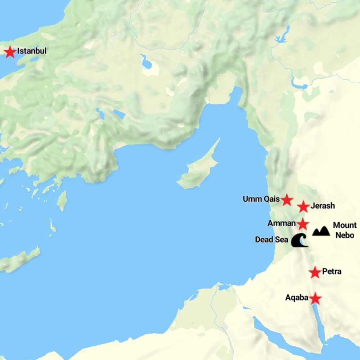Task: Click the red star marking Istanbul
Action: click(x=10, y=52)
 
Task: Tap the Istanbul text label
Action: click(x=32, y=51)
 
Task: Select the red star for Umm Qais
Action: click(x=287, y=199)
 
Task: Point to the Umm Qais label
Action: click(x=261, y=199)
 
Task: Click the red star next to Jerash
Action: click(x=303, y=207)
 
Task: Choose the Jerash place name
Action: click(x=322, y=206)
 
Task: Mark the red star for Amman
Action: click(x=303, y=224)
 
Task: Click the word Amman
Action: click(x=282, y=223)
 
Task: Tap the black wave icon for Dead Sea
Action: click(x=300, y=240)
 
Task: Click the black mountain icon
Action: click(x=321, y=231)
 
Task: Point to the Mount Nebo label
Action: click(x=345, y=230)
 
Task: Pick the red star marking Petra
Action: click(x=315, y=272)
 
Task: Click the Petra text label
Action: click(x=332, y=271)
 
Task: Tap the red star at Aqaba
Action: click(x=315, y=298)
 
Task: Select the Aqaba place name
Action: click(x=297, y=298)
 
